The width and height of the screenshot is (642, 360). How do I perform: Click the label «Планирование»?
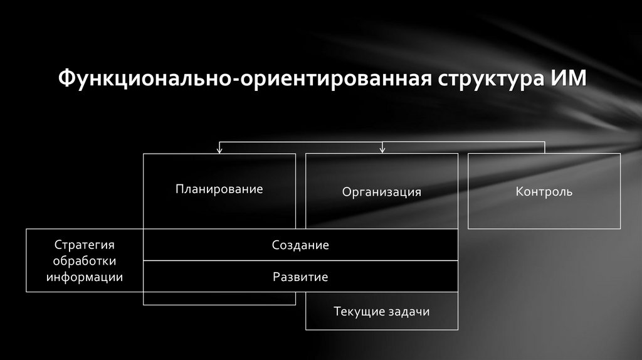coord(219,189)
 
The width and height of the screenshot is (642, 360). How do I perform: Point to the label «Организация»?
coord(381,192)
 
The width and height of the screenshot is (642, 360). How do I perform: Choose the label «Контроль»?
coord(544,191)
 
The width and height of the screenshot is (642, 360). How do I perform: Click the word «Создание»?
coord(300,245)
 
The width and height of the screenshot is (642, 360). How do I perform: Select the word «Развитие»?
coord(300,277)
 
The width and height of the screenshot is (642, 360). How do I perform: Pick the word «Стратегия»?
coord(84,245)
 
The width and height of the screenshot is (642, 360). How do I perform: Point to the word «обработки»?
coord(85,261)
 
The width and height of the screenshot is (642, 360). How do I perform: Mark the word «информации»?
coord(85,277)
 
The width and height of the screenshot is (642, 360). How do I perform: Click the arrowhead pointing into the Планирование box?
coord(219,150)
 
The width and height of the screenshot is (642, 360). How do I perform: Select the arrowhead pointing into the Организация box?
coord(382,150)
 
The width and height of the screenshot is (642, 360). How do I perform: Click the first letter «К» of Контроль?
coord(520,191)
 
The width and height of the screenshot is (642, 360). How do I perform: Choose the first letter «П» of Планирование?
coord(179,189)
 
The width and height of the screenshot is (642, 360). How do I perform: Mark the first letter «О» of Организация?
coord(346,192)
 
